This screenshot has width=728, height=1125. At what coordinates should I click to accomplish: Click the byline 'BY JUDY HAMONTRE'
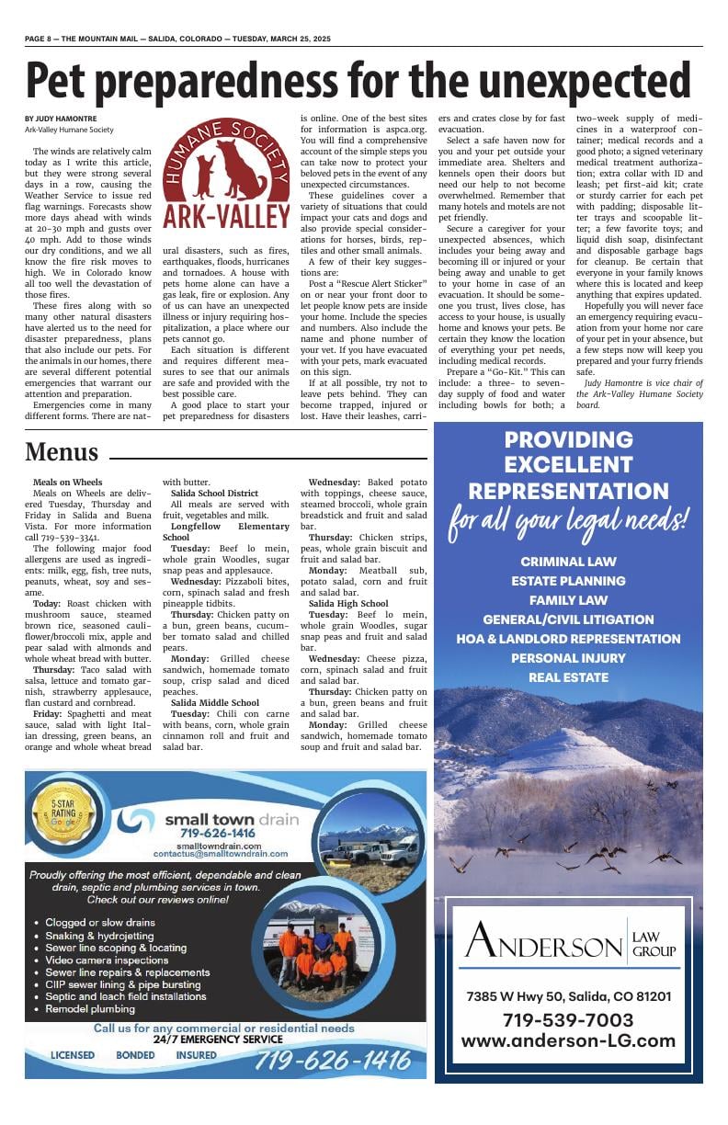point(61,119)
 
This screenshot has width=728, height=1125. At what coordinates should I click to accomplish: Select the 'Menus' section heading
point(62,452)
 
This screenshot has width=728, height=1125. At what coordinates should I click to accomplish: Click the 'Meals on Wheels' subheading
point(67,482)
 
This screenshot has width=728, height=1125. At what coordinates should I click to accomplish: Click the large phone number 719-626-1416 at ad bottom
point(332,1060)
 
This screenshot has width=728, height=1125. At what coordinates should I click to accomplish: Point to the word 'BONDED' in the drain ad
point(135,1055)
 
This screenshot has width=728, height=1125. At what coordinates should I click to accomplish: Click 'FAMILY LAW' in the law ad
point(568,600)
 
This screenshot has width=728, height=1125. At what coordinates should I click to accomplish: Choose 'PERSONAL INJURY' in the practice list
point(568,658)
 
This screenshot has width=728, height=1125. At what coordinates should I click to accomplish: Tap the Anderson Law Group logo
point(569,939)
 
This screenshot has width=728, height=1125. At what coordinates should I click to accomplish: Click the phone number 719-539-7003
point(568,1020)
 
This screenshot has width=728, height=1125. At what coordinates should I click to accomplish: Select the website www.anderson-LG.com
point(568,1041)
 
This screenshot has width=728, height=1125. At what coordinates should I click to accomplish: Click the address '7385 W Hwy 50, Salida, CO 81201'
point(568,996)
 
